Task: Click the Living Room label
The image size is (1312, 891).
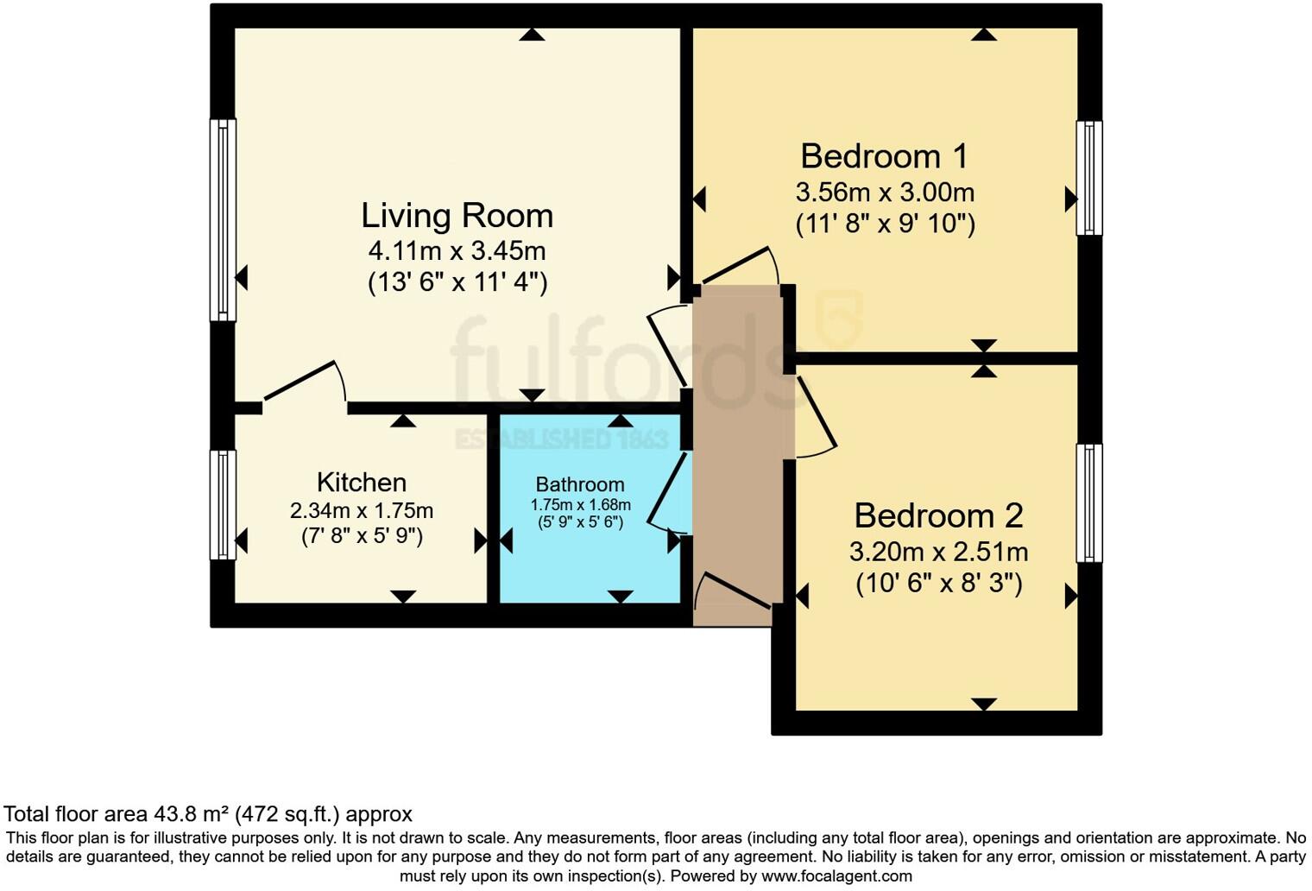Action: [457, 216]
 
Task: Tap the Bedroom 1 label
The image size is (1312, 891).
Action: [885, 156]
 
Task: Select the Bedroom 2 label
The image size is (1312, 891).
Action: [939, 516]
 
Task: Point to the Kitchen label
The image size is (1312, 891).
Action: [362, 483]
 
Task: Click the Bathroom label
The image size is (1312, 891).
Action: [580, 484]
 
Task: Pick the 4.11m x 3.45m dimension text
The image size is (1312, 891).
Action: [457, 250]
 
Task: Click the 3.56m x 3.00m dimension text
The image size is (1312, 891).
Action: [885, 193]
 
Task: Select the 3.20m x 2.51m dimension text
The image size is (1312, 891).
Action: [939, 552]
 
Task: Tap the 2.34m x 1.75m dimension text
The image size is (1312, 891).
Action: [362, 511]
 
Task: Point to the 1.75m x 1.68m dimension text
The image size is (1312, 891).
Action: [580, 504]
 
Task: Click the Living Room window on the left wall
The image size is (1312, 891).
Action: [224, 220]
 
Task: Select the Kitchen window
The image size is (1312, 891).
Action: [224, 505]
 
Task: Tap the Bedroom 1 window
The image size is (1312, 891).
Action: [1089, 178]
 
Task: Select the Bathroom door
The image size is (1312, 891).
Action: [668, 493]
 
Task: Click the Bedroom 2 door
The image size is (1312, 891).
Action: [816, 417]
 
